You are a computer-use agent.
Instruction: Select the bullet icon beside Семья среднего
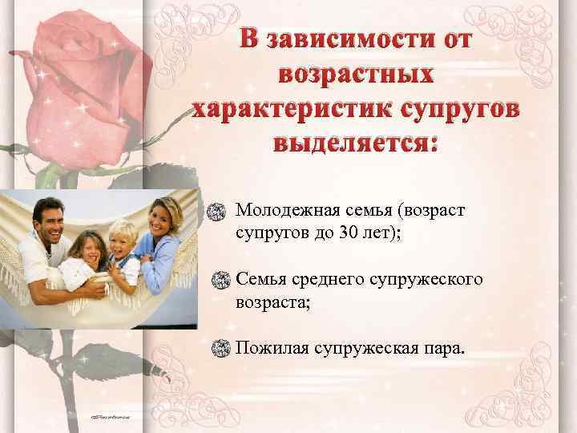[216, 280]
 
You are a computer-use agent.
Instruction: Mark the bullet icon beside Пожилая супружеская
[216, 348]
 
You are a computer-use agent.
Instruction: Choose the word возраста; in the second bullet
[269, 304]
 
